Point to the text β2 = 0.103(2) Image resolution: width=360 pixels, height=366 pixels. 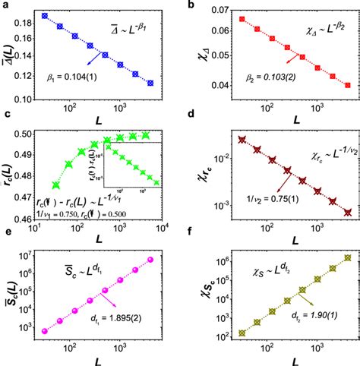pos(265,77)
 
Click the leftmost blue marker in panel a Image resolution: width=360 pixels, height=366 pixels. pos(44,15)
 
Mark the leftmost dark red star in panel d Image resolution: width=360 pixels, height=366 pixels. pos(242,140)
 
